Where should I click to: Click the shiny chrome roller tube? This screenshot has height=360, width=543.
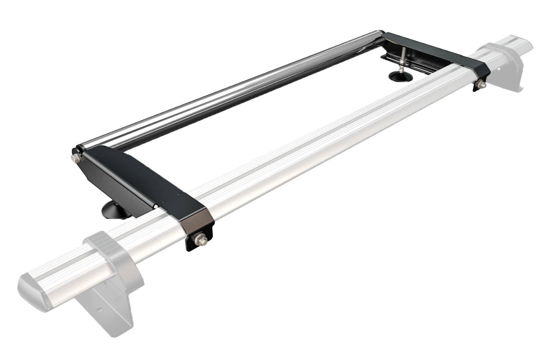point(228,91)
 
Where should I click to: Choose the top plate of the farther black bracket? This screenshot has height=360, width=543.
point(435,51)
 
